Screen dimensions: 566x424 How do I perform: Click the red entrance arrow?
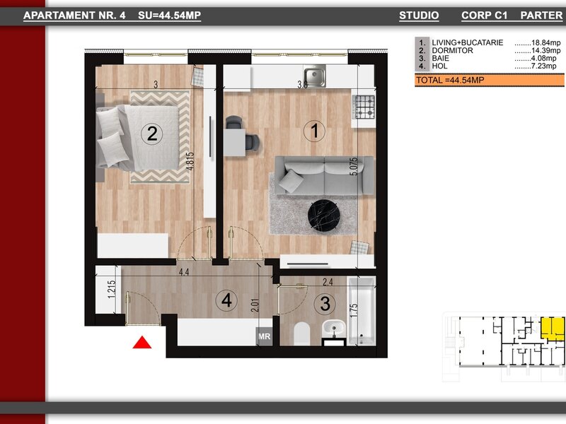tap(142, 343)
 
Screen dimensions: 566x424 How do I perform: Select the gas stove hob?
tap(365, 107)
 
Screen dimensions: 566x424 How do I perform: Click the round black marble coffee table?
tap(324, 216)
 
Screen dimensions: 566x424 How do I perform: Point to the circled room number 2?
tap(152, 134)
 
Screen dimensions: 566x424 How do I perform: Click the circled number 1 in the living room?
tap(314, 131)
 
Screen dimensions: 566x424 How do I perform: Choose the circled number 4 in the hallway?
tap(226, 300)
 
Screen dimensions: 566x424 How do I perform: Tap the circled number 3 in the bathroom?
tap(325, 303)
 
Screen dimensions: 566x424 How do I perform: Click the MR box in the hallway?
tap(264, 336)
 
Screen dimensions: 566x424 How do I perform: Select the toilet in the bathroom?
tap(302, 334)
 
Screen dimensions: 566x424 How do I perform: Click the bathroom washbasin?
tap(334, 329)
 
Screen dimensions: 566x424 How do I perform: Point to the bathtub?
tap(362, 311)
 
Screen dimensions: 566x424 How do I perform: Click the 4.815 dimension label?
tap(190, 161)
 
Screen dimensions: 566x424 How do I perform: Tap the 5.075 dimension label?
tap(354, 166)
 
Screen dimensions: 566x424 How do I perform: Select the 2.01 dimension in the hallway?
tap(255, 305)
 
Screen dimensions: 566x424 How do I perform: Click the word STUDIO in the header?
tap(419, 15)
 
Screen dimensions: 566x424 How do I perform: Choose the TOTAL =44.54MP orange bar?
tap(490, 80)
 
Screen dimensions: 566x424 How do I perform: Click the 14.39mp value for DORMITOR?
tap(545, 50)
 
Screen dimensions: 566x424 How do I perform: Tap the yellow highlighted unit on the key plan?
tap(553, 329)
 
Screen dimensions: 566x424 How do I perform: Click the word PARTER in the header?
tap(541, 15)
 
